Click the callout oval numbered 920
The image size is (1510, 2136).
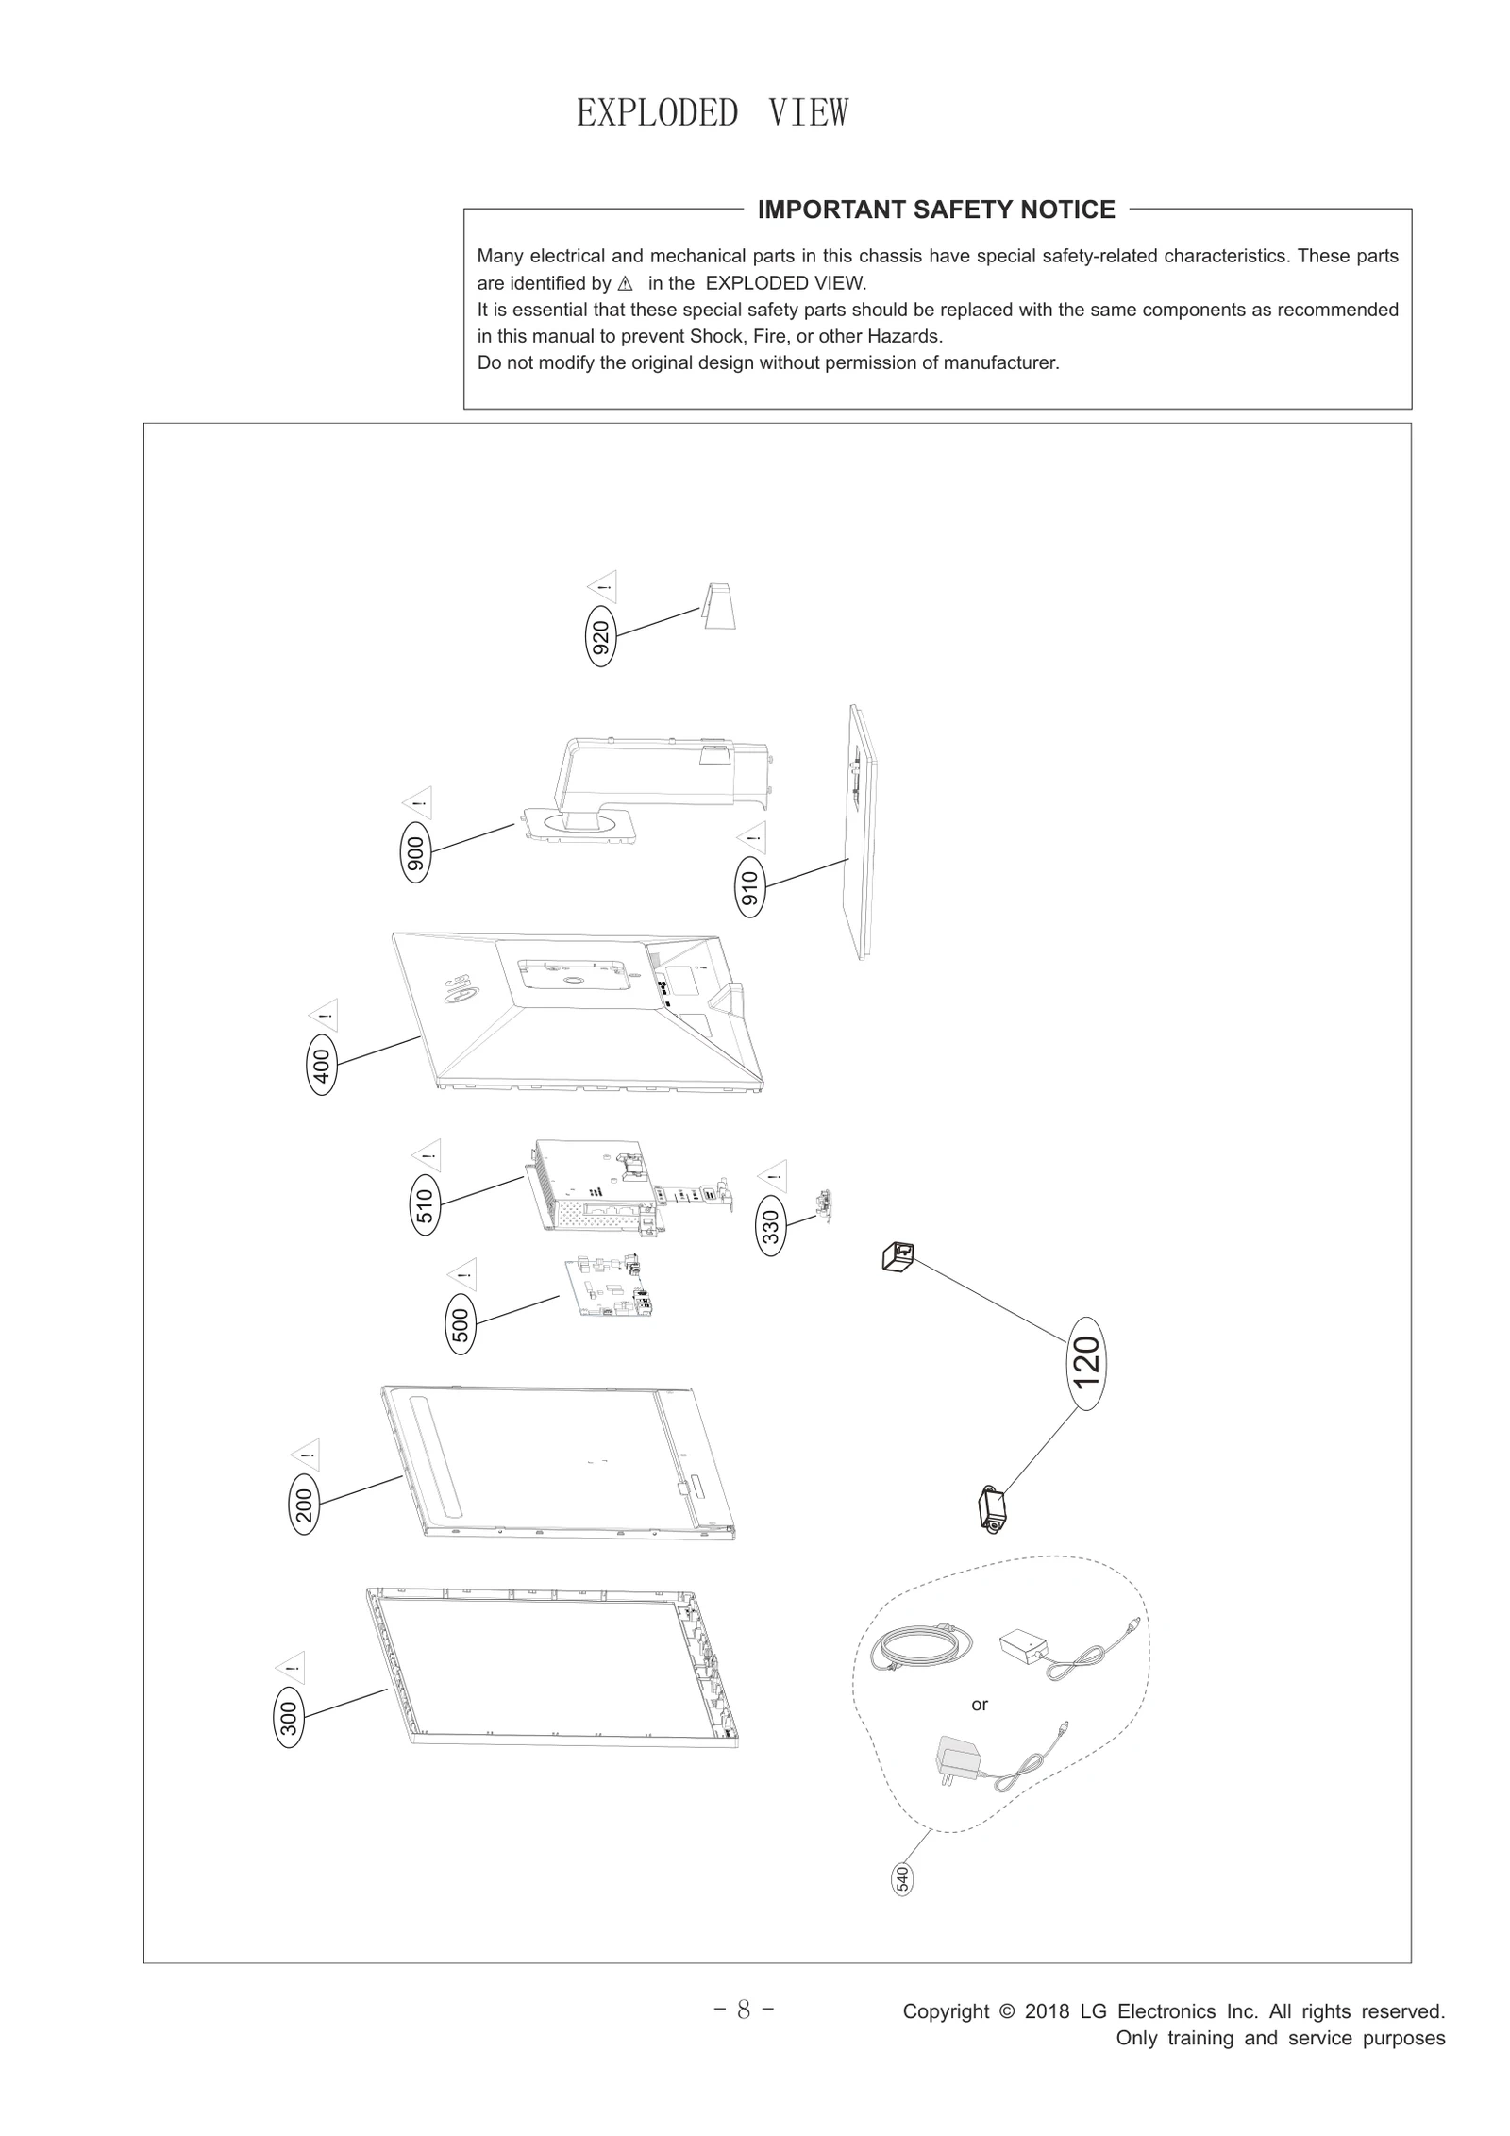pyautogui.click(x=601, y=636)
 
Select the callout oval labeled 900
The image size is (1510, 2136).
pyautogui.click(x=415, y=852)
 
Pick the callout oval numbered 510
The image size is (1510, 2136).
pyautogui.click(x=426, y=1205)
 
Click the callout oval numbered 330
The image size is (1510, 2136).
pyautogui.click(x=771, y=1227)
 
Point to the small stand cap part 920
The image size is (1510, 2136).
pyautogui.click(x=719, y=605)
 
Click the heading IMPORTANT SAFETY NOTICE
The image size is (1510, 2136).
pyautogui.click(x=936, y=210)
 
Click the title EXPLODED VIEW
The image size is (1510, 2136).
pyautogui.click(x=712, y=113)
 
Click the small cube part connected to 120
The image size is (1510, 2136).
pyautogui.click(x=898, y=1256)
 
